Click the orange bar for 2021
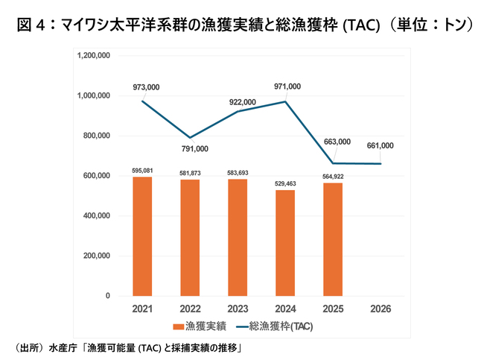coord(142,236)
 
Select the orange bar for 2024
coord(285,243)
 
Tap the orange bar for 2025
coord(333,239)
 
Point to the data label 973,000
coord(146,87)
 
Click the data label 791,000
coord(195,149)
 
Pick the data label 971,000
coord(287,86)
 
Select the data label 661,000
coord(380,145)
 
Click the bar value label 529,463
coord(285,183)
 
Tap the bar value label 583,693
coord(238,173)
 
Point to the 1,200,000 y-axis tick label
coord(94,56)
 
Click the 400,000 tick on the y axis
coord(97,215)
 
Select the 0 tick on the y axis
coord(108,296)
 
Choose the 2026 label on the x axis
coord(380,309)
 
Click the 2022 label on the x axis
coord(190,309)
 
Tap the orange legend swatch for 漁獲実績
coord(179,326)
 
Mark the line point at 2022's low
coord(190,137)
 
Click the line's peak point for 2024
coord(285,101)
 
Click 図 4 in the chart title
coord(31,25)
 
